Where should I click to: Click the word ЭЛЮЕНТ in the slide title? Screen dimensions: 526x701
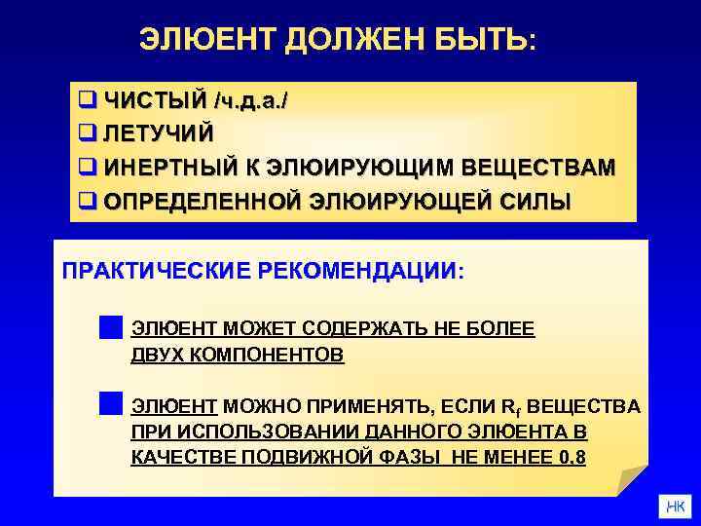(199, 40)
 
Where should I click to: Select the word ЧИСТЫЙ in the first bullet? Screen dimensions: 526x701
(154, 99)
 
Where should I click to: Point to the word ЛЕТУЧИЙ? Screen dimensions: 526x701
(160, 132)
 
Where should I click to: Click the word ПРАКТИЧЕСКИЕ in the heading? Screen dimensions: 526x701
(157, 269)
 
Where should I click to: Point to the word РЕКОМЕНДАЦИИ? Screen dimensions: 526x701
(362, 269)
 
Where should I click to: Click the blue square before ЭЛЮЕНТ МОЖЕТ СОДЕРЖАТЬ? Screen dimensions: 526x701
(110, 326)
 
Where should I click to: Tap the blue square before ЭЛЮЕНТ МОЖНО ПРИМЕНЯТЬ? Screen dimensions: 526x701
(110, 403)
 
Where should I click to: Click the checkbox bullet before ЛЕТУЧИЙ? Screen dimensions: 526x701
(86, 132)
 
